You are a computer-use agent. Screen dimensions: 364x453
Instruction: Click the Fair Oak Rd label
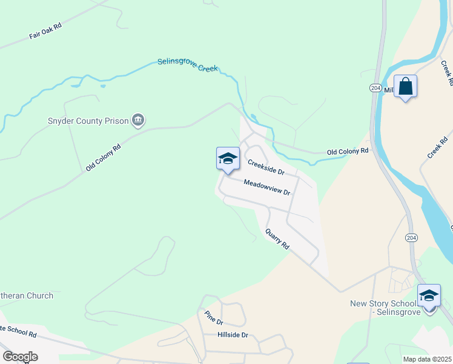pos(45,32)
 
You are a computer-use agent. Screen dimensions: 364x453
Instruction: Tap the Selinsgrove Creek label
pos(187,65)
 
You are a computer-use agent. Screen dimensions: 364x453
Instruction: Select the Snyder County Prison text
pos(88,121)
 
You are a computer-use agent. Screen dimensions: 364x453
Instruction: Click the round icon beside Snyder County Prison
pos(138,121)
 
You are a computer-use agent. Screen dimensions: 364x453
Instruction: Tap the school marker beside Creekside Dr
pos(228,160)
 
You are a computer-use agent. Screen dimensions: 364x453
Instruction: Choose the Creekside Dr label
pos(266,167)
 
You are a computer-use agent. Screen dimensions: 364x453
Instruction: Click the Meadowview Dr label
pos(267,187)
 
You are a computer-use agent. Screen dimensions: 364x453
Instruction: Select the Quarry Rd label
pos(278,240)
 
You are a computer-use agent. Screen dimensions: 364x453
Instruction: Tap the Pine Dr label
pos(214,317)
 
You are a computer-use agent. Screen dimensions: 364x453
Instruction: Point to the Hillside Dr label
pos(233,335)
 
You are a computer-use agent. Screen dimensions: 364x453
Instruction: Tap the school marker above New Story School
pos(429,297)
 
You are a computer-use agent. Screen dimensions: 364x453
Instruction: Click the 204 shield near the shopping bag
pos(375,88)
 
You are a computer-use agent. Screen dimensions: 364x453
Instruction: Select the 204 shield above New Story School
pos(411,237)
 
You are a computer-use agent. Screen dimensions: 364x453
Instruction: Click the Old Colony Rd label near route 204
pos(348,151)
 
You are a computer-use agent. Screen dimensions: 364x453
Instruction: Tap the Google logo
pos(20,357)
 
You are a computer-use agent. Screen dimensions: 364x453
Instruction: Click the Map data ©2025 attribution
pos(427,359)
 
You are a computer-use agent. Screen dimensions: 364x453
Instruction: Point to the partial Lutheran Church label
pos(27,296)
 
